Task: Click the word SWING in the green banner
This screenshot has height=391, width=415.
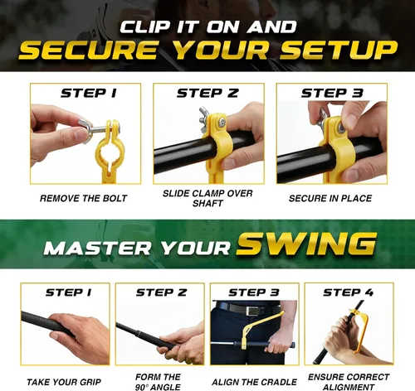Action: coord(306,244)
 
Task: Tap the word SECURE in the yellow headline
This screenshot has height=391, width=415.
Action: coord(89,50)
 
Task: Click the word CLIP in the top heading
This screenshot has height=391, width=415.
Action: coord(145,27)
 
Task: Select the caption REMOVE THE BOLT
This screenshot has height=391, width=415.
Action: coord(83,198)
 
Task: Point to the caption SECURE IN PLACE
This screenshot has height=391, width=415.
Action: coord(330,198)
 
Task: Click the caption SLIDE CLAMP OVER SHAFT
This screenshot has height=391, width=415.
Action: coord(207,198)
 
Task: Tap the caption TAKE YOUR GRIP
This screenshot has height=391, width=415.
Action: coord(64,382)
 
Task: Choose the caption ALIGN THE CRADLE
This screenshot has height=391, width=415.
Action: coord(254,382)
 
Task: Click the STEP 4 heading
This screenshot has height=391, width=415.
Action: coord(349,292)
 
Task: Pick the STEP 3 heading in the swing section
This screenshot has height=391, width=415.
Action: coord(254,292)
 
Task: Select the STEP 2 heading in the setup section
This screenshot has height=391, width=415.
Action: coord(207,94)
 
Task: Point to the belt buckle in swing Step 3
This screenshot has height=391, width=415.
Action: coord(252,311)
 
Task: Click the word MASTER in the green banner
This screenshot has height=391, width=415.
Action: coord(97,248)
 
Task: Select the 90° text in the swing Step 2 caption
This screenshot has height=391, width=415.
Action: coord(142,387)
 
